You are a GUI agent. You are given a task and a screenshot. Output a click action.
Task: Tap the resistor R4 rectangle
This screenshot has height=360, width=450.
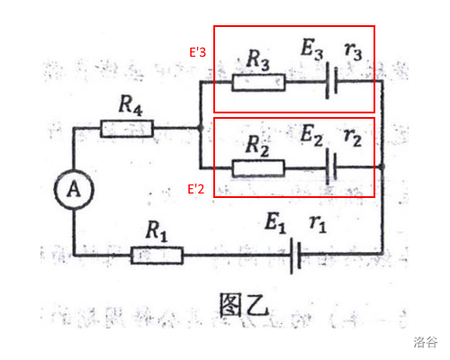click(127, 129)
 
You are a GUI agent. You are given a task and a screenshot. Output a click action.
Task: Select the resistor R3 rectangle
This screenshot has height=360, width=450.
click(258, 82)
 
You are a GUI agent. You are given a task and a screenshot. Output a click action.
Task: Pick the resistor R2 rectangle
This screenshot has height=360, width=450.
click(258, 168)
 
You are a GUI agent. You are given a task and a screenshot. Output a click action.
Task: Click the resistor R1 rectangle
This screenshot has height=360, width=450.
click(157, 256)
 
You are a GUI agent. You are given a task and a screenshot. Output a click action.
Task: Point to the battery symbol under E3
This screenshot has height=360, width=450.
click(331, 80)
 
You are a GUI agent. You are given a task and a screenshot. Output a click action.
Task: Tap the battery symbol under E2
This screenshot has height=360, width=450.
click(331, 166)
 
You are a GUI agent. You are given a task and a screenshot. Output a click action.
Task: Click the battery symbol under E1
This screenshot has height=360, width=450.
click(295, 256)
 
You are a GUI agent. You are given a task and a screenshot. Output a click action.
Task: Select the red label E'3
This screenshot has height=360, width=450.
click(197, 52)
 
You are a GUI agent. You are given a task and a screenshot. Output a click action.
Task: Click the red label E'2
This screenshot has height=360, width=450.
click(195, 189)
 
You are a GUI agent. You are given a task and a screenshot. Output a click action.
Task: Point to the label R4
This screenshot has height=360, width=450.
click(130, 105)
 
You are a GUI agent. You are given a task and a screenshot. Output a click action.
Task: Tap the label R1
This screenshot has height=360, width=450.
click(157, 231)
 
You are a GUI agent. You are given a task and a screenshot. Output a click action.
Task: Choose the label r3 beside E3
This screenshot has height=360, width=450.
click(354, 50)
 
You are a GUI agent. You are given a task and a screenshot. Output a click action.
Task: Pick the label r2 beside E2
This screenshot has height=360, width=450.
click(353, 138)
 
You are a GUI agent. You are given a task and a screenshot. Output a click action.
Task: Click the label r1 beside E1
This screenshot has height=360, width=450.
click(318, 224)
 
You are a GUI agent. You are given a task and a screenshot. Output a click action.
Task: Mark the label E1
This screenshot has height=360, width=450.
click(275, 222)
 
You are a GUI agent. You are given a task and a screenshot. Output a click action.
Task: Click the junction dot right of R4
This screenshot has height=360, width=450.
click(201, 128)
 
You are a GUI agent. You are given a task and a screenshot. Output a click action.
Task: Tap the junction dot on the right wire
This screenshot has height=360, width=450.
click(382, 166)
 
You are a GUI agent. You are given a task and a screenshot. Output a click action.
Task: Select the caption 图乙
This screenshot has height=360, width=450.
click(244, 305)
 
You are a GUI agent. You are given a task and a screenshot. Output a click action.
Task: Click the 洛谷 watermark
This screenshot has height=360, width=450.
click(426, 342)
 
